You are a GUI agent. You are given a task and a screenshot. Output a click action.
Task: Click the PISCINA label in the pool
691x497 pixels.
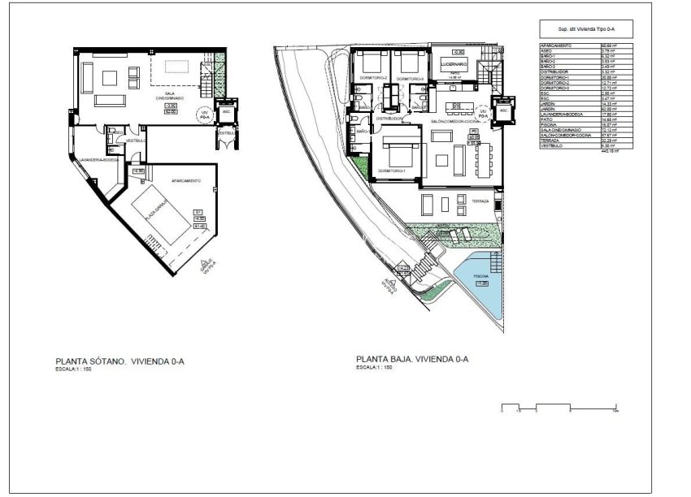click(481, 278)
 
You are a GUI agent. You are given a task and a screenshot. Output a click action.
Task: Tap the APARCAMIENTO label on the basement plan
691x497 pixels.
click(186, 181)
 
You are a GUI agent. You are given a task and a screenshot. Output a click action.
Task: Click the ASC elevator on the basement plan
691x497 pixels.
click(227, 111)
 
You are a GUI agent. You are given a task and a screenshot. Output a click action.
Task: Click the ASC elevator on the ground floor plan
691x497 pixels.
click(503, 110)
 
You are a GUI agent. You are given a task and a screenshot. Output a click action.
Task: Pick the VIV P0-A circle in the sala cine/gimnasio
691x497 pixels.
click(205, 115)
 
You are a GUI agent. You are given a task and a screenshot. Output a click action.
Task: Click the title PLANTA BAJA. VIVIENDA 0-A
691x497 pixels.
click(412, 358)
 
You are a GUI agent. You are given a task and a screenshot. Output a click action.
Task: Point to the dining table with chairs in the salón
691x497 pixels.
click(484, 159)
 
